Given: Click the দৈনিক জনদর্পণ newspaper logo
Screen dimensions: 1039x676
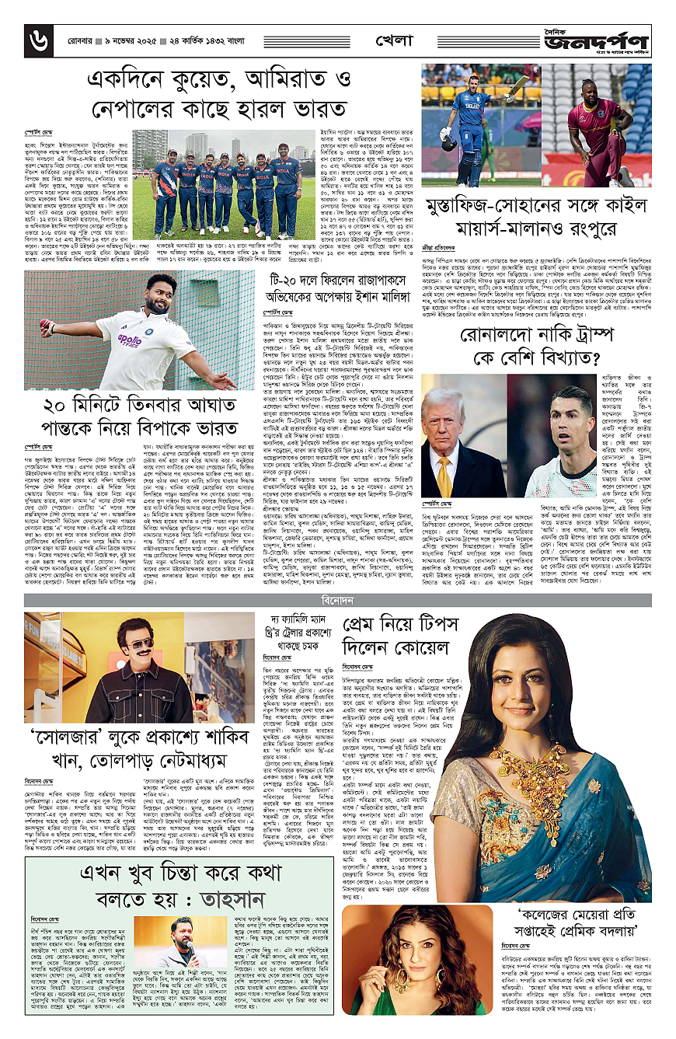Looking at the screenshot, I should [598, 39].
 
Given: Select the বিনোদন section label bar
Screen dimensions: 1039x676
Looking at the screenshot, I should [338, 598].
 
